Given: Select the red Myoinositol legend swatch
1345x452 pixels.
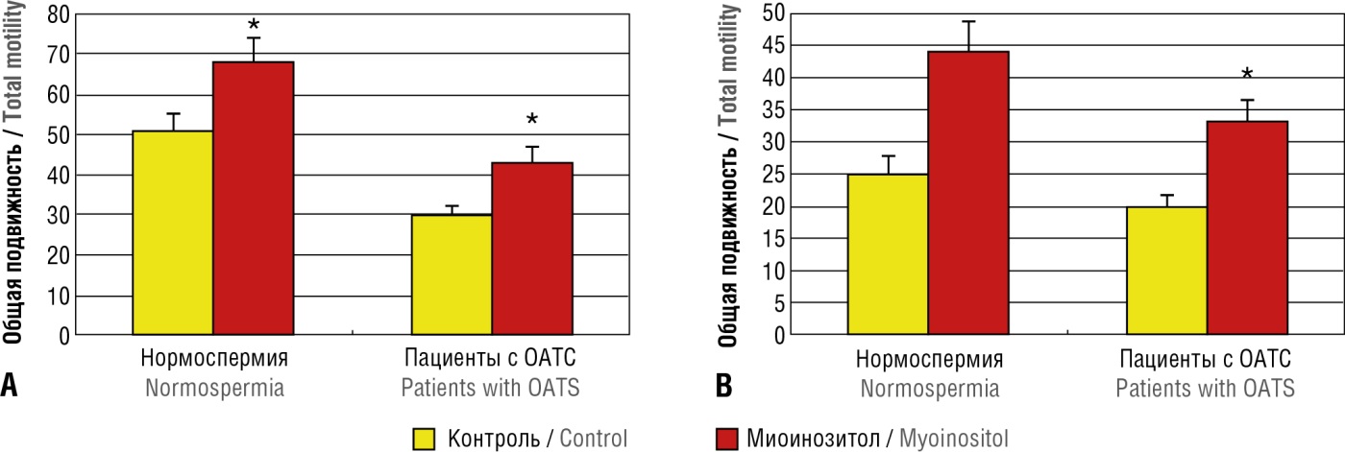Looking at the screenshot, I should tap(732, 439).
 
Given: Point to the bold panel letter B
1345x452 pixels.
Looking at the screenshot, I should tap(724, 387).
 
